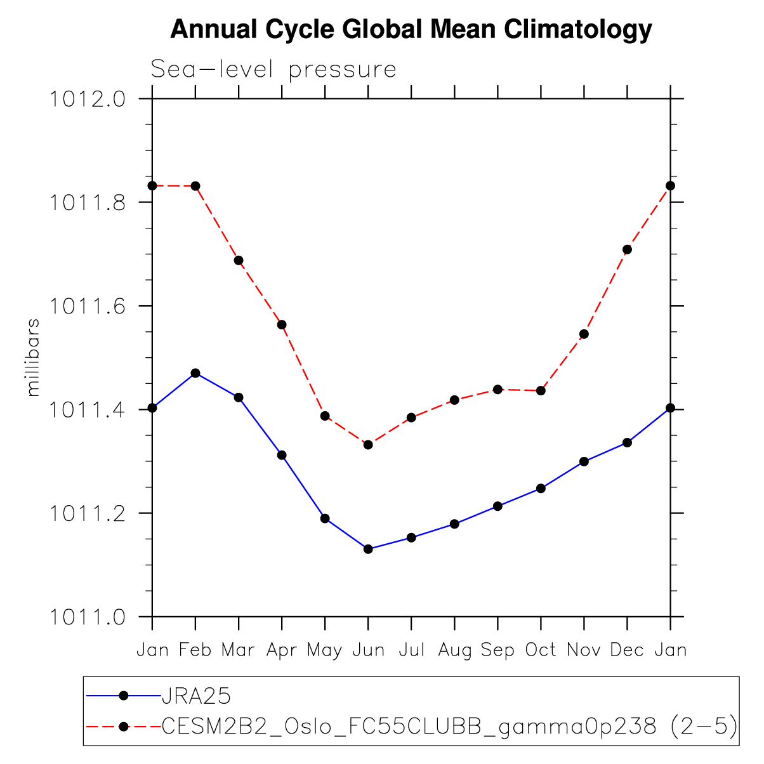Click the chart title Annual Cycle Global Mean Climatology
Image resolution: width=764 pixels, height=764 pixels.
411,29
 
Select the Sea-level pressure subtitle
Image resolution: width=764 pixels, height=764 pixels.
273,69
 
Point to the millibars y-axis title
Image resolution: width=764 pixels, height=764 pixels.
34,358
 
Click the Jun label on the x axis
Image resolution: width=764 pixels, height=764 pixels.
368,650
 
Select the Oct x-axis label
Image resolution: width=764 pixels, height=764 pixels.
541,650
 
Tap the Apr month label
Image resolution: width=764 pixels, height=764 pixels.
282,650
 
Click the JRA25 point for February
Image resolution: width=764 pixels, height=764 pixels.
195,373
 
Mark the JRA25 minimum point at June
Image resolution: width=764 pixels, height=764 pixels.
368,549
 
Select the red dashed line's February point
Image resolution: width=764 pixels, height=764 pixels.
195,186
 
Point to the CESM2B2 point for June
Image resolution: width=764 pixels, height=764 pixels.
368,445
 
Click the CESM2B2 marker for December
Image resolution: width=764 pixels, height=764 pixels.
627,249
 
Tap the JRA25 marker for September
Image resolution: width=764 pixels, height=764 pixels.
497,506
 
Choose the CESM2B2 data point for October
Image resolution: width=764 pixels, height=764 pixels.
541,390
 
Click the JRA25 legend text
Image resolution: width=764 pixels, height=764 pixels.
196,696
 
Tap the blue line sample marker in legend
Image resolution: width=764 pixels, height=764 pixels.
124,696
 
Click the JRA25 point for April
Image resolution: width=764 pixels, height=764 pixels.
282,455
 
